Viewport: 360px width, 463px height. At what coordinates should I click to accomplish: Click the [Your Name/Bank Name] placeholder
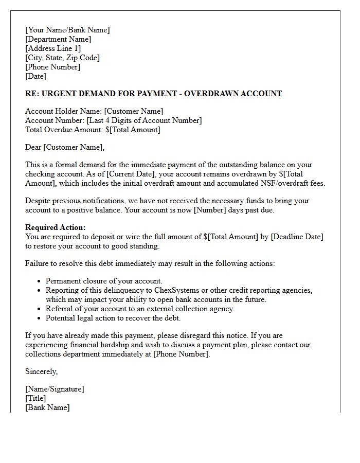67,30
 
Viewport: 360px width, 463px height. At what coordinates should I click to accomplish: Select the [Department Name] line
58,39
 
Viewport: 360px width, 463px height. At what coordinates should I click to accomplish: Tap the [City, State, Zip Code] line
62,58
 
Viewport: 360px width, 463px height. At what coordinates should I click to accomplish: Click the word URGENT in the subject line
58,94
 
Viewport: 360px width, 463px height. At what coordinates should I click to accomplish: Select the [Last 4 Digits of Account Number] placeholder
144,120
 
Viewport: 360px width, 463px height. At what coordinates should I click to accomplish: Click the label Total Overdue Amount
64,130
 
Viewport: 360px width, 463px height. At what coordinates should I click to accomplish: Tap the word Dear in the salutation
33,148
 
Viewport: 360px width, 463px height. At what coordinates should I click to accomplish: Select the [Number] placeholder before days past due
209,210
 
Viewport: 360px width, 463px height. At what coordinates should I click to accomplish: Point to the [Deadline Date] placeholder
297,237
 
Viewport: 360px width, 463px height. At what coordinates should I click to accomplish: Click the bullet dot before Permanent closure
40,281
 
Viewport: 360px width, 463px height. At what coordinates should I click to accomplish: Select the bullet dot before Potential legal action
40,318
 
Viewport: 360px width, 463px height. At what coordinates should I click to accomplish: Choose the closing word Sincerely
42,371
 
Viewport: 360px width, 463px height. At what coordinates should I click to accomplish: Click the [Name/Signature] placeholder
55,389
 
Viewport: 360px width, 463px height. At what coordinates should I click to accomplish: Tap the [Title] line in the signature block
35,398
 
